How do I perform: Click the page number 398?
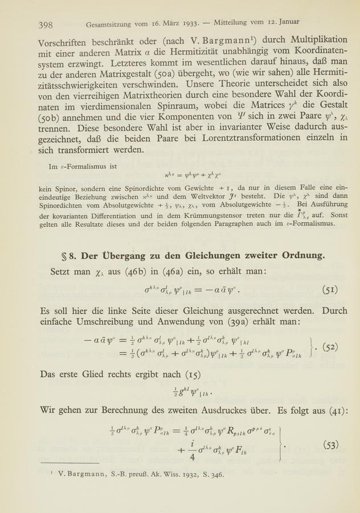pyautogui.click(x=46, y=25)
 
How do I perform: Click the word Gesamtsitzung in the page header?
pyautogui.click(x=113, y=25)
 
